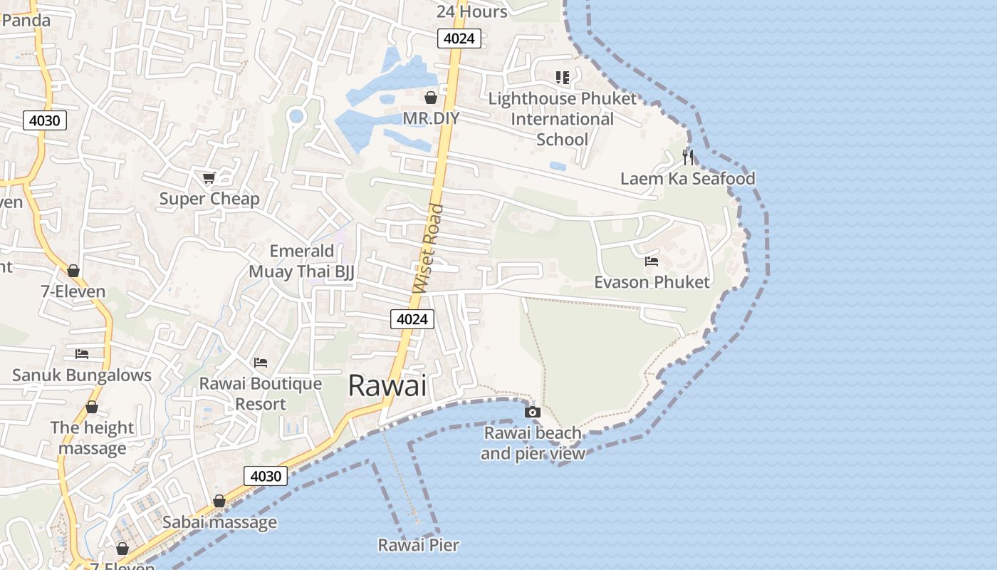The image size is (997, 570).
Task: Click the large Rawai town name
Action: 387,385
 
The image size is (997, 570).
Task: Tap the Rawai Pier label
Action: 418,546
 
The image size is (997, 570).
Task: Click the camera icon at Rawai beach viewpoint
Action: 532,412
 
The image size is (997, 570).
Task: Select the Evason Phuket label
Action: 652,282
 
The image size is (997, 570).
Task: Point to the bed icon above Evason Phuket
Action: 652,261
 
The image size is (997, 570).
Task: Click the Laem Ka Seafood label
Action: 687,178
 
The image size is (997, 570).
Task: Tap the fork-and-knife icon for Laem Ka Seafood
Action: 688,157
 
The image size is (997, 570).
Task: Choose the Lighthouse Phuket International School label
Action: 562,119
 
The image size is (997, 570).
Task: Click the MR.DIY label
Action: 431,118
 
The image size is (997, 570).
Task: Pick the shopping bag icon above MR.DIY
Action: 431,98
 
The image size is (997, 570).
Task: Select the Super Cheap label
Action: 209,199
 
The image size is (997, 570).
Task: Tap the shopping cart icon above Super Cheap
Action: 209,177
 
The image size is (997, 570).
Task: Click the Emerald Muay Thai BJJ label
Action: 301,261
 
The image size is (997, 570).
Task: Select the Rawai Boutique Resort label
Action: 261,394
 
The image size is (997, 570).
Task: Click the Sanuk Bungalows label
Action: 82,375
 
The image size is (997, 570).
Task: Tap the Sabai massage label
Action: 219,522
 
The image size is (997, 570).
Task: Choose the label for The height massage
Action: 93,438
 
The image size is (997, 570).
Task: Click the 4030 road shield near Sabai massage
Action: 266,475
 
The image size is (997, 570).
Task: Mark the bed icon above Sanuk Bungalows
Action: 82,354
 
